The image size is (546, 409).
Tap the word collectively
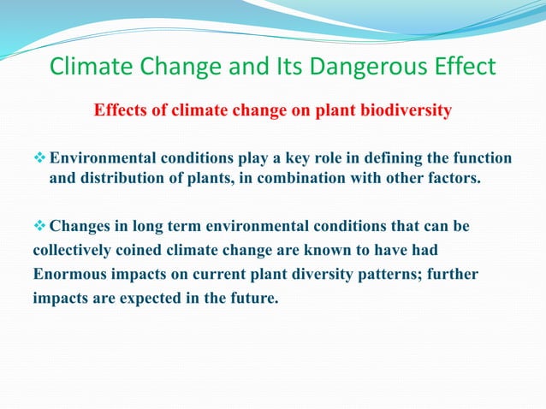tap(74, 252)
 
